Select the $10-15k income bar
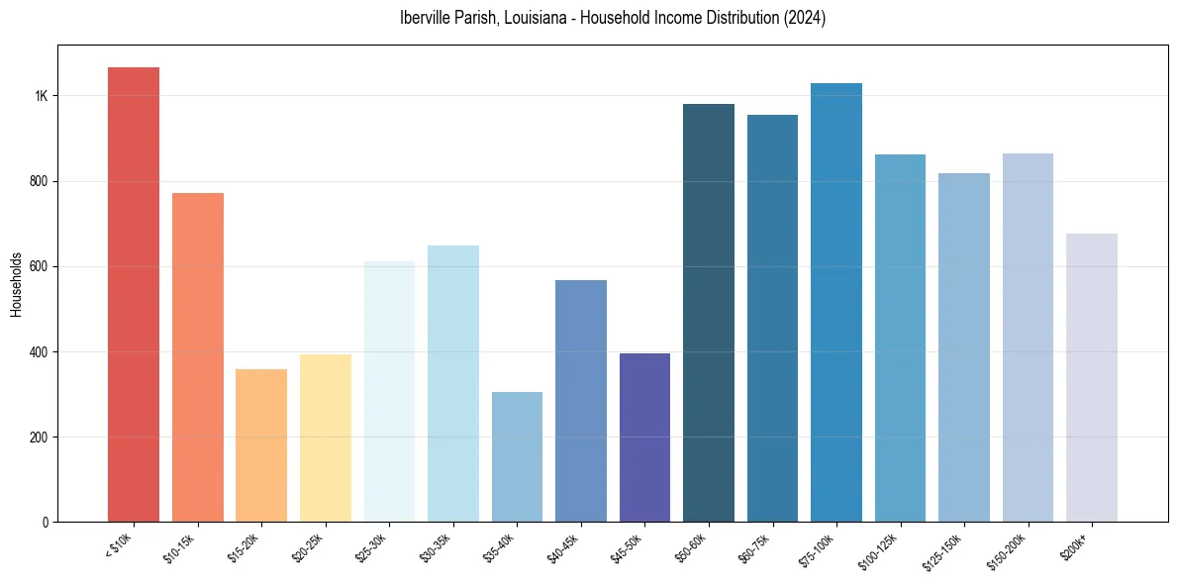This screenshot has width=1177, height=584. pos(198,357)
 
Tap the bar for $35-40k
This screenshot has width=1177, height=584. pos(517,456)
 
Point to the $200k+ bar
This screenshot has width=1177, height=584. pos(1092,377)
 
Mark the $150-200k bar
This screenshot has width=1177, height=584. pos(1028,338)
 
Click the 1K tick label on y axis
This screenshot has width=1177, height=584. pos(42,96)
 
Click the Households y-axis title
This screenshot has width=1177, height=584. pos(17,284)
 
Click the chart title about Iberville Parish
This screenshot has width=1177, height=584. pos(612,18)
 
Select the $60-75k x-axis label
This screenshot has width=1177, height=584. pos(755,548)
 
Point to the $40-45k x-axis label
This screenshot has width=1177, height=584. pos(564,548)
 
